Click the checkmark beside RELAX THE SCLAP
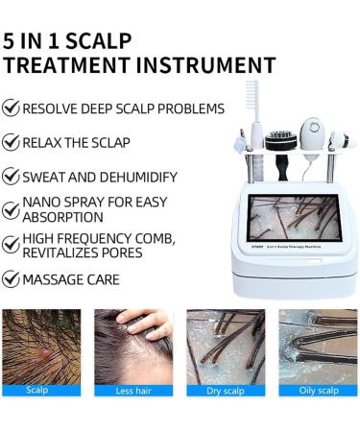tap(12, 143)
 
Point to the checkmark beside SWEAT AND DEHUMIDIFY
tap(12, 177)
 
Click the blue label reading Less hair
tap(133, 391)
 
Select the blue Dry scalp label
tap(225, 391)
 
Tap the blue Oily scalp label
tap(317, 391)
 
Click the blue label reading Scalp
tap(38, 391)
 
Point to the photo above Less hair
tap(133, 346)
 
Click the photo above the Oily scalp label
tap(317, 346)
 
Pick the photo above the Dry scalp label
tap(225, 346)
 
